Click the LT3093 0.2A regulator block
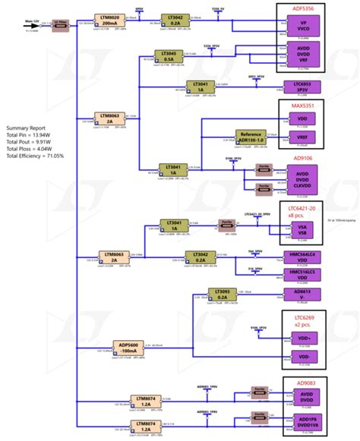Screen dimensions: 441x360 222,295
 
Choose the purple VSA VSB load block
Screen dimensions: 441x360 303,230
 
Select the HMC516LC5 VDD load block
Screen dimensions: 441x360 303,272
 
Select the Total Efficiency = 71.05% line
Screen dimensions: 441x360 35,156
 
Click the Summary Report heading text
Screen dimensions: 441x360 27,128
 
